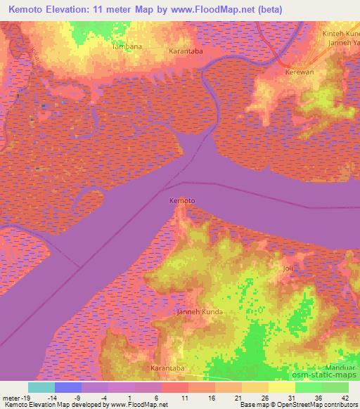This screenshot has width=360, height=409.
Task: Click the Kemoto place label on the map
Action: tap(182, 201)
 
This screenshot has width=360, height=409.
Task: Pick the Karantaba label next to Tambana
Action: tap(186, 51)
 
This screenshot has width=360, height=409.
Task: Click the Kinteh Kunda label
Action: tap(340, 34)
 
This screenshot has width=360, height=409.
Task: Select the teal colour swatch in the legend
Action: tap(41, 387)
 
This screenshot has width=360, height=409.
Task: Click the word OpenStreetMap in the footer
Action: tap(294, 405)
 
